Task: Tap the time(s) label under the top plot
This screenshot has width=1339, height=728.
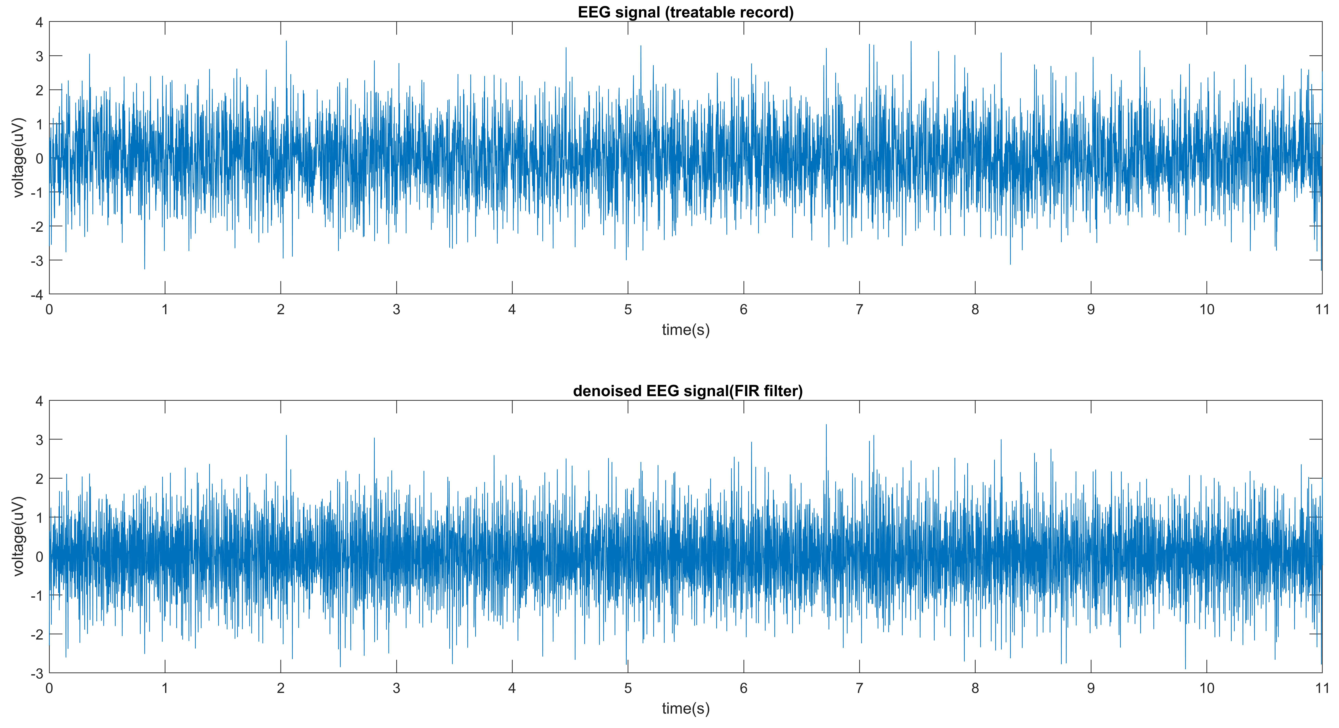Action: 686,329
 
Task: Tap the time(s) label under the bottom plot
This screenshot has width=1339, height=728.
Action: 686,708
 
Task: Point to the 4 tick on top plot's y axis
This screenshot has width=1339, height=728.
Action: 39,22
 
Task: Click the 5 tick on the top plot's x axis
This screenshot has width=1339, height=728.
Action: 628,310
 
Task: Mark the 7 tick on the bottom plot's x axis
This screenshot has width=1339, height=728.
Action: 859,688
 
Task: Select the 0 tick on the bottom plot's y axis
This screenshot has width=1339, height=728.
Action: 39,557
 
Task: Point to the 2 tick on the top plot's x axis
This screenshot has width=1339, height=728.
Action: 281,310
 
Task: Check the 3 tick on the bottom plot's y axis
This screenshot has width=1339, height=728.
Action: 39,440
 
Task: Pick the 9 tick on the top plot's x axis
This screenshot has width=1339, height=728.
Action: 1091,310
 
